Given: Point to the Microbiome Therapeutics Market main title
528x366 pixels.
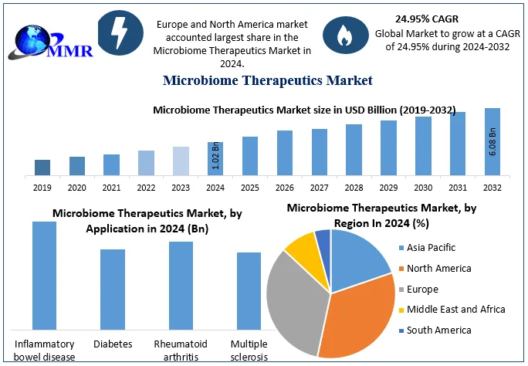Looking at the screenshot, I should [x=268, y=80].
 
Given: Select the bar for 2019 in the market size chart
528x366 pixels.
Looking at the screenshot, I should [x=42, y=167].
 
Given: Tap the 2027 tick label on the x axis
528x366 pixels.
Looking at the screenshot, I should [x=320, y=188].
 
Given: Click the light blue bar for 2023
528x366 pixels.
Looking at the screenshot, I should [x=181, y=161].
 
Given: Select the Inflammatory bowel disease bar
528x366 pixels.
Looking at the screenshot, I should [x=44, y=276].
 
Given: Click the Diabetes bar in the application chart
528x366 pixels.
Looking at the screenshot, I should [x=113, y=290].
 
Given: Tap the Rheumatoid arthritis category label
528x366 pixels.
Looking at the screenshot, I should [x=181, y=350].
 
